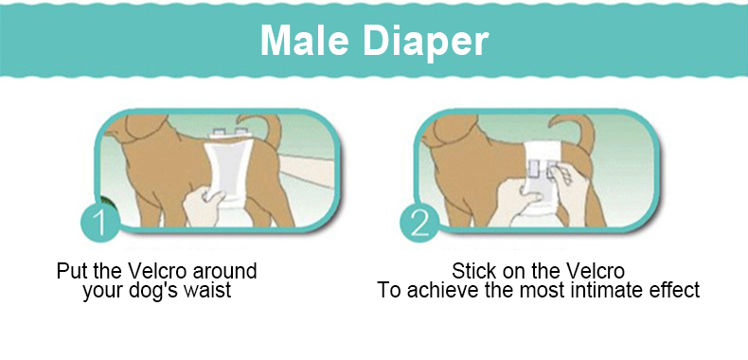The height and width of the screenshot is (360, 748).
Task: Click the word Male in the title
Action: pos(304,40)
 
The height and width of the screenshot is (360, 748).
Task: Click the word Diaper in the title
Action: pos(426,42)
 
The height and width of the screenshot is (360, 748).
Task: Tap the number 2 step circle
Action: pos(419,222)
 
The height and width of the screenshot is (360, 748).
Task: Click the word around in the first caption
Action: pos(224,271)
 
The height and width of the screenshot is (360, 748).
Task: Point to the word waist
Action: pos(210,289)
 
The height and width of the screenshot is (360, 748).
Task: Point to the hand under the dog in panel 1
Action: pos(203,207)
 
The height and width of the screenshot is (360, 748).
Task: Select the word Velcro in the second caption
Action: pos(596,271)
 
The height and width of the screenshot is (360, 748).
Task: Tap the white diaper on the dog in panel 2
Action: pos(543,171)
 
